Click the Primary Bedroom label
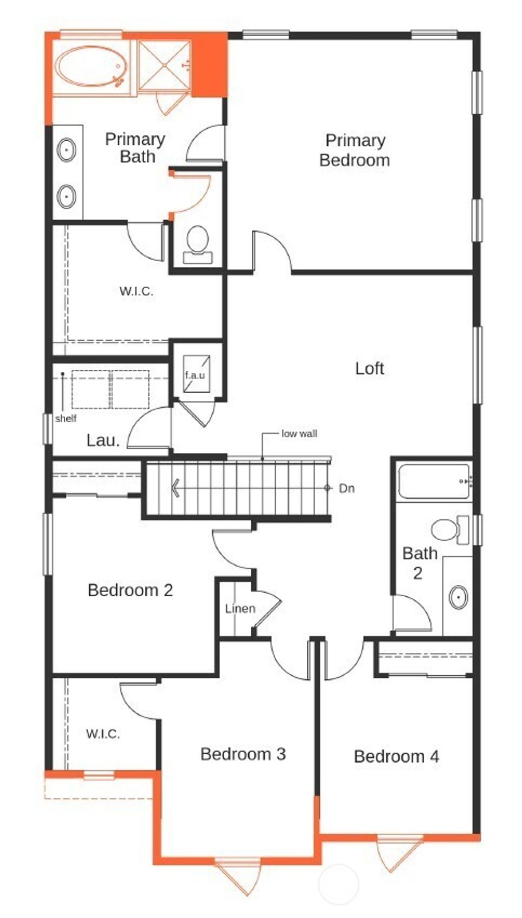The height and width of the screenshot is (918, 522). pyautogui.click(x=354, y=150)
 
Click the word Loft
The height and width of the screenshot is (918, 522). pyautogui.click(x=369, y=368)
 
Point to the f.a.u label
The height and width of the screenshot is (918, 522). pyautogui.click(x=195, y=375)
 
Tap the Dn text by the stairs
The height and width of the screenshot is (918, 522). pyautogui.click(x=347, y=489)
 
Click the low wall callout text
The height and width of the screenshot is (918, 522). pyautogui.click(x=299, y=434)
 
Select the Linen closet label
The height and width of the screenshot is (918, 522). pyautogui.click(x=240, y=608)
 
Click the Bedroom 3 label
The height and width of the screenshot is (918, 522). pyautogui.click(x=243, y=754)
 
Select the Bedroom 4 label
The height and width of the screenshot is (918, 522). pyautogui.click(x=396, y=756)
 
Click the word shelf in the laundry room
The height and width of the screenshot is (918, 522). pyautogui.click(x=66, y=419)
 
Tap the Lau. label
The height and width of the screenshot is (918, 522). pyautogui.click(x=103, y=441)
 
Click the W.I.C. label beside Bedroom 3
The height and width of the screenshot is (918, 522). pyautogui.click(x=103, y=734)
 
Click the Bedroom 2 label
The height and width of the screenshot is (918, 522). pyautogui.click(x=130, y=590)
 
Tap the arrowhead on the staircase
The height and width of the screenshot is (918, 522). pyautogui.click(x=175, y=488)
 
